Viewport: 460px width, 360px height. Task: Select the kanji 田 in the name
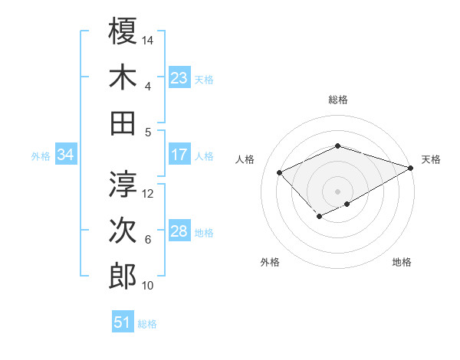123,123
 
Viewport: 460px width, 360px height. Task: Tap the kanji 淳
123,184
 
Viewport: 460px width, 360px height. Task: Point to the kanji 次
123,231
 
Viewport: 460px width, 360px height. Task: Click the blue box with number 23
179,77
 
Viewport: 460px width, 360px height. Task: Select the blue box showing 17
179,155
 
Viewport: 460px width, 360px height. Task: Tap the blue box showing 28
179,231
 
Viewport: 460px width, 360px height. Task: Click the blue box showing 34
66,155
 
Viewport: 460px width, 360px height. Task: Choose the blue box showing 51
123,322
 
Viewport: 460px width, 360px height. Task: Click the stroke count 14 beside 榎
149,40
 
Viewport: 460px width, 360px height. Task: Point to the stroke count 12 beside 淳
149,194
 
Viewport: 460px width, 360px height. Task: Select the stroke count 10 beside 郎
149,286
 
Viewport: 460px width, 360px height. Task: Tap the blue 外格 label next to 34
41,156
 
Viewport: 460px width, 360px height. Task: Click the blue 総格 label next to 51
147,324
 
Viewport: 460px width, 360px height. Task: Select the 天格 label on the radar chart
431,159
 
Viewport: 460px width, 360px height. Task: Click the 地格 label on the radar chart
402,262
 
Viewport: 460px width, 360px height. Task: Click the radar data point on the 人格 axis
280,173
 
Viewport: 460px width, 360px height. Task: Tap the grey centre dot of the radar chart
337,191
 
